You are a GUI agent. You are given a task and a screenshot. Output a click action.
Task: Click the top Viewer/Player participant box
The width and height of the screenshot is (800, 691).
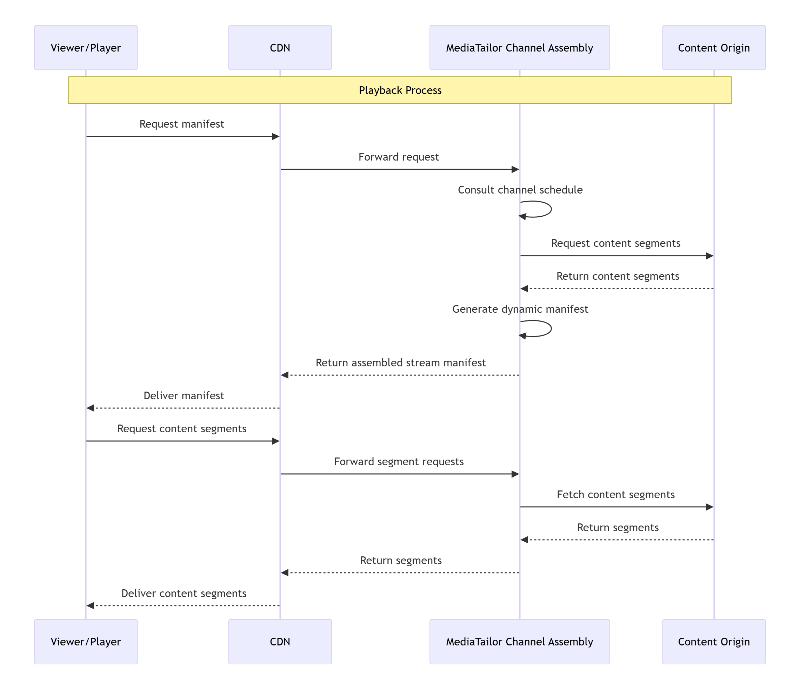click(86, 47)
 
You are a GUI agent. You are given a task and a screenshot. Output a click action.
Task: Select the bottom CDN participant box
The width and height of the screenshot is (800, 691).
click(280, 642)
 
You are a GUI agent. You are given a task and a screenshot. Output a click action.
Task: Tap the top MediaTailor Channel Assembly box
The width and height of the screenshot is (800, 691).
click(519, 47)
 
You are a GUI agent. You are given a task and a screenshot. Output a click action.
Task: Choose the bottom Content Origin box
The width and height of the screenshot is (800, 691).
click(714, 642)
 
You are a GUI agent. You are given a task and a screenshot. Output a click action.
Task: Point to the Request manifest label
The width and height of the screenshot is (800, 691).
click(181, 124)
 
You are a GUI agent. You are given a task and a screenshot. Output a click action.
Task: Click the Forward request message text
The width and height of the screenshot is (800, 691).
click(399, 157)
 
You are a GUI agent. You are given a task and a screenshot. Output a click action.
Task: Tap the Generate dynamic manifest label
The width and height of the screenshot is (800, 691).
click(520, 309)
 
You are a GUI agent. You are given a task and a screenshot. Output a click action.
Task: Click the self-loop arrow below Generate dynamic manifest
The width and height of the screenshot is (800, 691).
click(541, 329)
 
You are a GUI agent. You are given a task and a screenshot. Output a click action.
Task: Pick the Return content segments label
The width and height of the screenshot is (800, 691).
click(618, 276)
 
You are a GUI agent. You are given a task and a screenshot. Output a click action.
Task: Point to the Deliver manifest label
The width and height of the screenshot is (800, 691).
click(184, 396)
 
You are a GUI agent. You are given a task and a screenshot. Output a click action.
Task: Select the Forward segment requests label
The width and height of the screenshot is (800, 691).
click(399, 461)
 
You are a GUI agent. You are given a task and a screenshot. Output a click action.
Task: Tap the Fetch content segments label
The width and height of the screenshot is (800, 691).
click(615, 495)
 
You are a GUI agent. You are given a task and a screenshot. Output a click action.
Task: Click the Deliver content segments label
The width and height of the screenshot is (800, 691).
click(184, 594)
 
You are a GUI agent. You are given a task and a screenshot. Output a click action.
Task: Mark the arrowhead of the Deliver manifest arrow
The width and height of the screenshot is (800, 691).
click(90, 408)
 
